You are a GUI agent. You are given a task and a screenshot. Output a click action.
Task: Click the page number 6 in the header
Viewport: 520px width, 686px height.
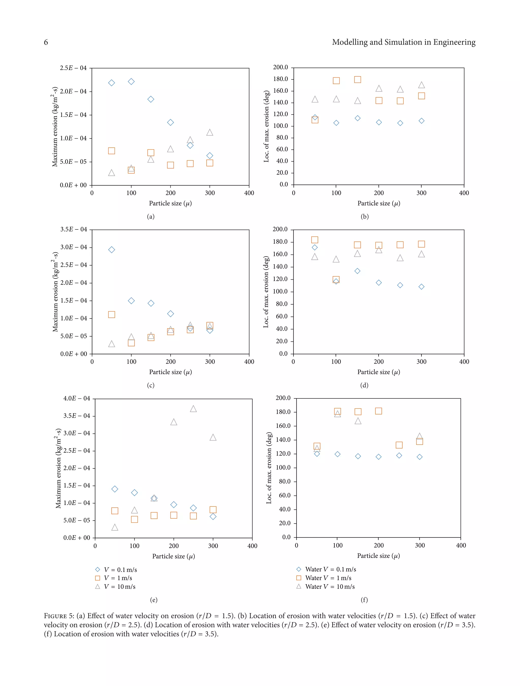[x=46, y=42]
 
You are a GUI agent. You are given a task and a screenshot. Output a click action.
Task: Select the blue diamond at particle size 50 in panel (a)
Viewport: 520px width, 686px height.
[x=111, y=83]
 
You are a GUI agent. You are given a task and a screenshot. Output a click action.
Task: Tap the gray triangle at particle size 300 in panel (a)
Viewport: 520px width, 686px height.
[x=210, y=132]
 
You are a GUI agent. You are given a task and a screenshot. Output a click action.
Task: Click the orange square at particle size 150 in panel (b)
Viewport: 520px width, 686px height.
[x=357, y=80]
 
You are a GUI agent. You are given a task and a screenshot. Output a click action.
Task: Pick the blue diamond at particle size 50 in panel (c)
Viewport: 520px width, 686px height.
[x=112, y=250]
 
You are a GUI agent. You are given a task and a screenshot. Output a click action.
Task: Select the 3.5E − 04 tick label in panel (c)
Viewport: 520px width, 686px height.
[x=74, y=229]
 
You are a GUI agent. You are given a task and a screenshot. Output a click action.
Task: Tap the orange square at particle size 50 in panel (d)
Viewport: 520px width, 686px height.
[x=315, y=240]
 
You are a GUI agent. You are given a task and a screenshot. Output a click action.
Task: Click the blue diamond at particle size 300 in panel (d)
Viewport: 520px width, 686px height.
[x=421, y=287]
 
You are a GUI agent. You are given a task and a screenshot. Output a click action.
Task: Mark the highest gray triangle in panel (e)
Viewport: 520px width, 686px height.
[x=193, y=409]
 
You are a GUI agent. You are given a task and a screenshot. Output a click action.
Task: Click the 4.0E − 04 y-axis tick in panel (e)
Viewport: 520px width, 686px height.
[x=77, y=398]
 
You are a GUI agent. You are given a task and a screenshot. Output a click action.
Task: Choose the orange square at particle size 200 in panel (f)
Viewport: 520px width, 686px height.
[x=379, y=411]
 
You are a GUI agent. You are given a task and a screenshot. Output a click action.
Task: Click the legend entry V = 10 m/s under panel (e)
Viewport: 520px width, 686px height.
[x=119, y=587]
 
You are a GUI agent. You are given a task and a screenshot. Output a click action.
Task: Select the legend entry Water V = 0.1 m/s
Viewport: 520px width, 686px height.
[x=330, y=569]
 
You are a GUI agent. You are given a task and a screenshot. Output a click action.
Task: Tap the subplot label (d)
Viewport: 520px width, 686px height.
[x=364, y=385]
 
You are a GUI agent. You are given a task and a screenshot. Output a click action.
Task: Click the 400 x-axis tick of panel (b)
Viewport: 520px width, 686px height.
[x=464, y=193]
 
